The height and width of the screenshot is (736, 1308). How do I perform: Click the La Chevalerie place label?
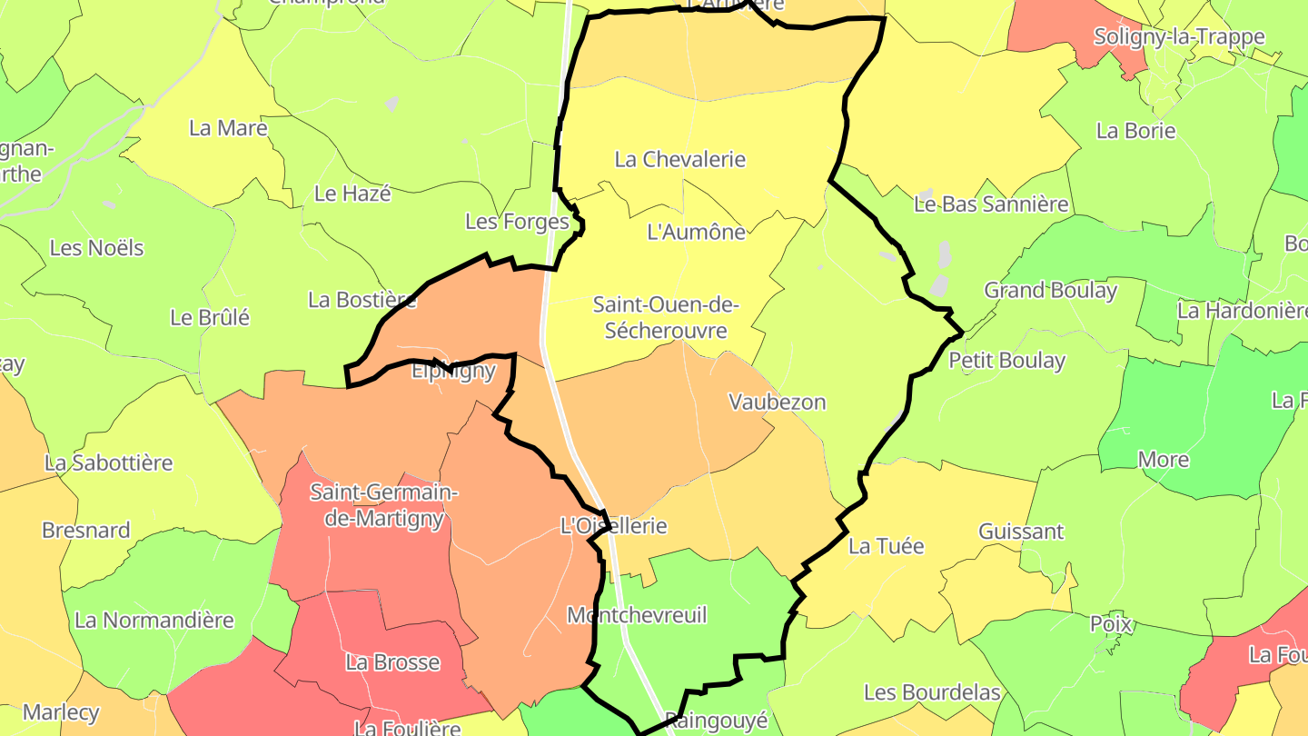click(680, 160)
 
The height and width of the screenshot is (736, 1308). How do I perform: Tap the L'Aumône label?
click(696, 232)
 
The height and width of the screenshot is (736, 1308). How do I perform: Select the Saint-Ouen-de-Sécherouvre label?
click(666, 317)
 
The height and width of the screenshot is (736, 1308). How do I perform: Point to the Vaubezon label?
click(778, 402)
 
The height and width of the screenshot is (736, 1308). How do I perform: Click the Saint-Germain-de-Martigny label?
click(384, 505)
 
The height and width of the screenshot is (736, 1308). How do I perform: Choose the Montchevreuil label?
click(636, 615)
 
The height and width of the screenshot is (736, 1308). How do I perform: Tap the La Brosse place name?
click(392, 662)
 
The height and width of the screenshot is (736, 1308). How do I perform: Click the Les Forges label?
click(517, 221)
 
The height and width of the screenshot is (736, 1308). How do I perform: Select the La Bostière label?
click(362, 300)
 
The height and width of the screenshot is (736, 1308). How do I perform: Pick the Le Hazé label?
click(352, 194)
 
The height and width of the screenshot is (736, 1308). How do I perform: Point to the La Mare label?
click(228, 128)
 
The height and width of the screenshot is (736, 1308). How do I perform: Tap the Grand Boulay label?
click(1051, 291)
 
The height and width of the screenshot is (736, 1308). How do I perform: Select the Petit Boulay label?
click(1007, 361)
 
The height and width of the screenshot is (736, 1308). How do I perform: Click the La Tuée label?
click(874, 546)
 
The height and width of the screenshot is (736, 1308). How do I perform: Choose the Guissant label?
click(1021, 532)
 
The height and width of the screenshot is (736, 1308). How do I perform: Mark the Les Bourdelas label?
click(932, 692)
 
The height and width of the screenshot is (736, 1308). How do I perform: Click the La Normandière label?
click(154, 621)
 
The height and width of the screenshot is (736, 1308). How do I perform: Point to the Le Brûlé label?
click(210, 318)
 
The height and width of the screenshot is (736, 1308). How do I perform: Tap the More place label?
click(1164, 460)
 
